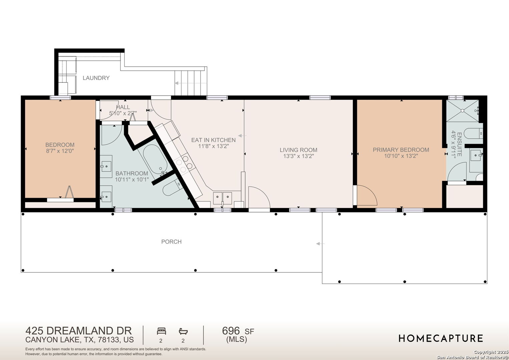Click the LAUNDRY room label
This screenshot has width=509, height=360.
(x=96, y=78)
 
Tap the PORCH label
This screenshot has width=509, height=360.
(x=171, y=242)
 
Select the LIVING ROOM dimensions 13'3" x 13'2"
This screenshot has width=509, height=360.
(x=298, y=156)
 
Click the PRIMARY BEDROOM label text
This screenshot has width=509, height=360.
(x=401, y=150)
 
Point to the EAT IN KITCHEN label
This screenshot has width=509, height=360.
(x=213, y=140)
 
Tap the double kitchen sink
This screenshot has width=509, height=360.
(x=222, y=198)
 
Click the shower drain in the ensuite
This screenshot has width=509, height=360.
(x=462, y=111)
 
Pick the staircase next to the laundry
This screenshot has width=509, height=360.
(x=191, y=83)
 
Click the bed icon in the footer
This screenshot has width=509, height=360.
(x=161, y=331)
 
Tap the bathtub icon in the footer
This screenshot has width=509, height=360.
(x=183, y=331)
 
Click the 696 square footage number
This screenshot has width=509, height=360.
(x=231, y=331)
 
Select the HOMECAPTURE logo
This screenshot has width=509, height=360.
(x=441, y=338)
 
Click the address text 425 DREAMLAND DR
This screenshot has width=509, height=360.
(x=78, y=331)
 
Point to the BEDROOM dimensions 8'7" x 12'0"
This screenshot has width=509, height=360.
(x=60, y=151)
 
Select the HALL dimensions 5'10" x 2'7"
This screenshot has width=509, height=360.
(x=123, y=113)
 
